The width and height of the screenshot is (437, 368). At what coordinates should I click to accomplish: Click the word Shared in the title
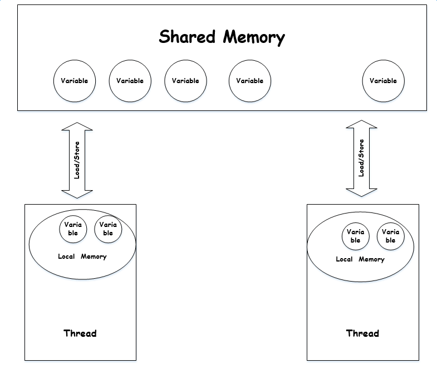(x=187, y=37)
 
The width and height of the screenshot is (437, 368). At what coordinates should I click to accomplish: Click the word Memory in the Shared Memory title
(x=254, y=38)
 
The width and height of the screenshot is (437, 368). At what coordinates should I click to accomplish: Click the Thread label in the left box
(x=80, y=333)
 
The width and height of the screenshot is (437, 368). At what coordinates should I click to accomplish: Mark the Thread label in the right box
(x=362, y=333)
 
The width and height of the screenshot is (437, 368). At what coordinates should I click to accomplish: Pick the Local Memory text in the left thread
(x=82, y=256)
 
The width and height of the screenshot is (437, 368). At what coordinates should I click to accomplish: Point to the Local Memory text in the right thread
(x=360, y=259)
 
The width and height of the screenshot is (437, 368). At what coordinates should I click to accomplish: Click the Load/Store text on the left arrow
(x=77, y=160)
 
